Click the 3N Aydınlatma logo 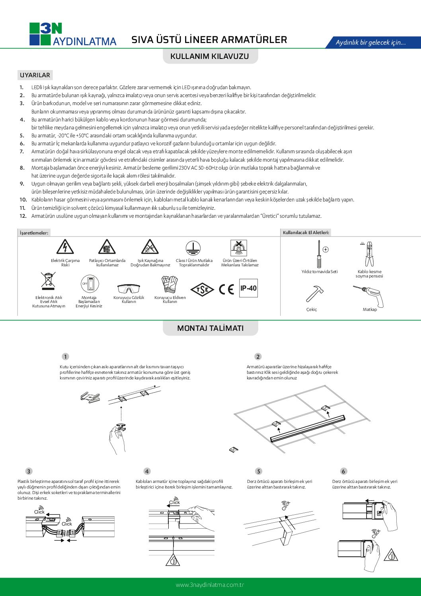pos(73,34)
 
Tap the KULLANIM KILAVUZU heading pos(210,56)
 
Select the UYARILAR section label pos(35,75)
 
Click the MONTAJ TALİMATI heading pos(210,328)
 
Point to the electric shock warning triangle pos(65,247)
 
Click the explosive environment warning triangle pos(107,247)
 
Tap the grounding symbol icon pos(193,248)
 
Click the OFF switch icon pos(89,284)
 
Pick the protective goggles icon pos(129,288)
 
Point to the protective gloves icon pos(170,285)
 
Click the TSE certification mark pos(202,289)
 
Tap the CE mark pos(226,289)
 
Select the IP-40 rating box pos(248,288)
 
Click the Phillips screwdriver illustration pos(318,255)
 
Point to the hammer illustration pos(314,293)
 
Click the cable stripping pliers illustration pos(369,254)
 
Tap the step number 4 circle pos(147,471)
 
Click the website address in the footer pos(210,585)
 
